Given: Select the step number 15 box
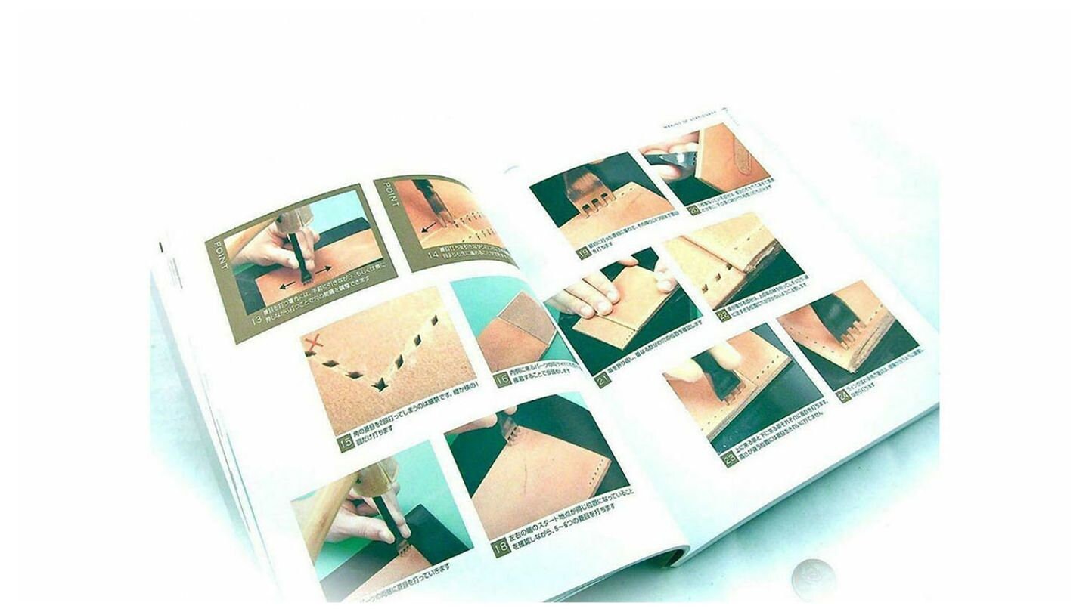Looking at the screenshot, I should tap(346, 444).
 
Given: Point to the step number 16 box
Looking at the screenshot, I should tap(503, 379).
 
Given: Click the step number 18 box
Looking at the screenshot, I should tap(499, 548).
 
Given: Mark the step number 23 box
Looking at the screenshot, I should tap(729, 458).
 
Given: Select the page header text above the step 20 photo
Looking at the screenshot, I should tap(688, 115).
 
